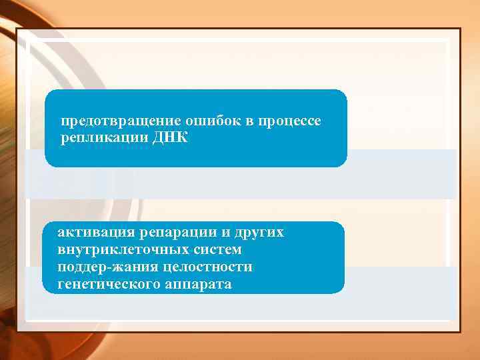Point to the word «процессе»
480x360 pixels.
point(289,121)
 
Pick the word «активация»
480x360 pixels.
point(94,233)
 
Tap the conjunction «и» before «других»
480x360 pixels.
point(225,233)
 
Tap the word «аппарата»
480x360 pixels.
point(197,285)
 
